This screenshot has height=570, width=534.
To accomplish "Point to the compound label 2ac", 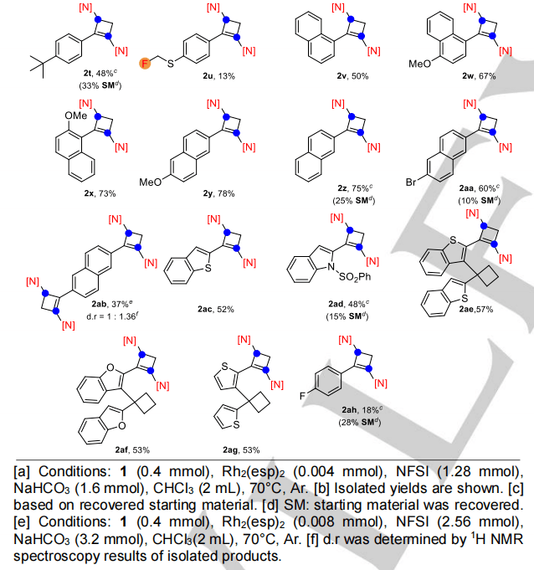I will (200, 308).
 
